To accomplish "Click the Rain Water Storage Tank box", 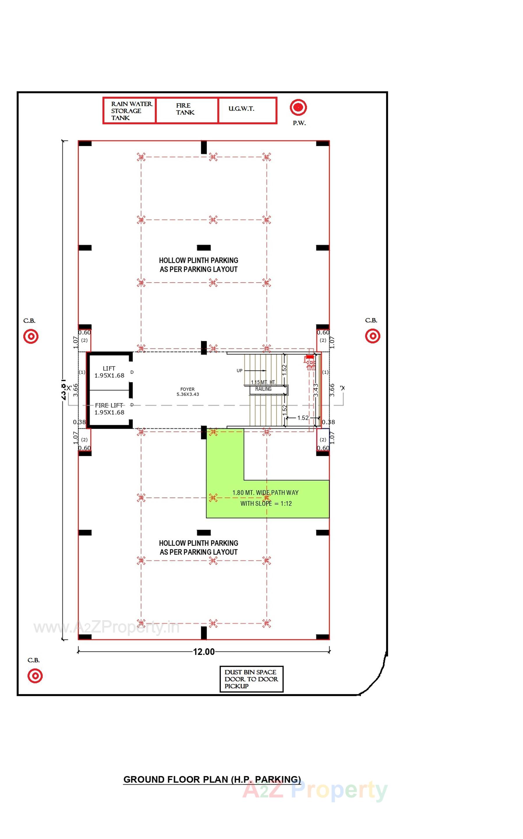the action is pyautogui.click(x=129, y=110).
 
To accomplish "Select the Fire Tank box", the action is pyautogui.click(x=187, y=110).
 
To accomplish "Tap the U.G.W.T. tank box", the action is pyautogui.click(x=247, y=110).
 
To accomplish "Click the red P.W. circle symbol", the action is pyautogui.click(x=298, y=107).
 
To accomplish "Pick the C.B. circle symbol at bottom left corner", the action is pyautogui.click(x=35, y=676).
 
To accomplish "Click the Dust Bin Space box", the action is pyautogui.click(x=251, y=679).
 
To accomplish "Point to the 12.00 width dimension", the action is pyautogui.click(x=204, y=652).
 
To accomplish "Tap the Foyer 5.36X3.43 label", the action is pyautogui.click(x=187, y=392).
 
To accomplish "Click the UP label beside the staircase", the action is pyautogui.click(x=239, y=371).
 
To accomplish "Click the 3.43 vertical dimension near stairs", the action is pyautogui.click(x=315, y=390).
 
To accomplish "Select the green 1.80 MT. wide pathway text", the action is pyautogui.click(x=266, y=498).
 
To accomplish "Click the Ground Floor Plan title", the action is pyautogui.click(x=212, y=780).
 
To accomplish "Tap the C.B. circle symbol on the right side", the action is pyautogui.click(x=373, y=336).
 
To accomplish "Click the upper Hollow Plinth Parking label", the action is pyautogui.click(x=198, y=265).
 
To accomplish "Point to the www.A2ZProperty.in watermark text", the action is pyautogui.click(x=107, y=627).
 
